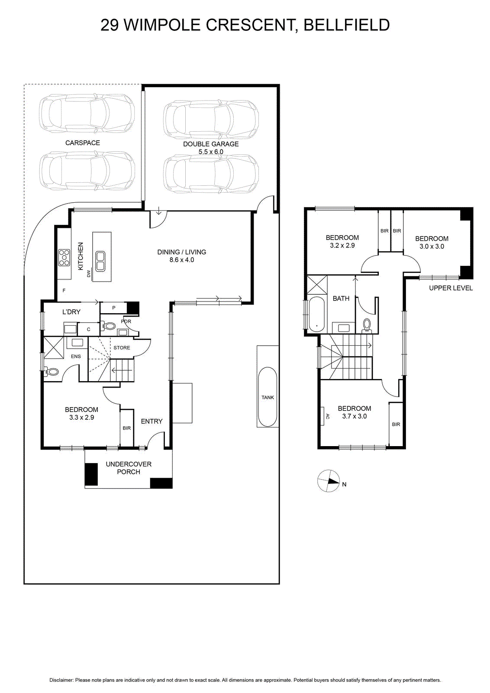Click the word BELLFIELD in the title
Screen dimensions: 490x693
click(346, 25)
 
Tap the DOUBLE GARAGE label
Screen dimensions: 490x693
click(211, 144)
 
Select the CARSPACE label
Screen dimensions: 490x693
click(83, 142)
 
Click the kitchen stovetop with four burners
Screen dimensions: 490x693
click(64, 257)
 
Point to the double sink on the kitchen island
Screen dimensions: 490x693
click(100, 262)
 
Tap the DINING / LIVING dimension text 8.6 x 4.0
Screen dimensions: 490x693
click(182, 260)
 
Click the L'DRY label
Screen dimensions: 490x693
click(71, 312)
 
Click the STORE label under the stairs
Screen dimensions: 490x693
click(122, 348)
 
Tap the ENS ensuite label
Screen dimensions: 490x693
click(76, 356)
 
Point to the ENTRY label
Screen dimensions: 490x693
click(152, 421)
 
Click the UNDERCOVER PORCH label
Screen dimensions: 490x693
click(129, 468)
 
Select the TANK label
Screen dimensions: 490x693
click(268, 398)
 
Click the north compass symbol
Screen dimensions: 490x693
click(328, 481)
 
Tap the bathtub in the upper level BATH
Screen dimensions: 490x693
click(316, 314)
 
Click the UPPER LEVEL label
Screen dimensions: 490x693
click(451, 288)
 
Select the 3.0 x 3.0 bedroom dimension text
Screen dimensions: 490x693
click(432, 246)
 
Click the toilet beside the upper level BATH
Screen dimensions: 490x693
click(367, 325)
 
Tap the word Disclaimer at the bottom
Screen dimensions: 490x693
click(61, 680)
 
